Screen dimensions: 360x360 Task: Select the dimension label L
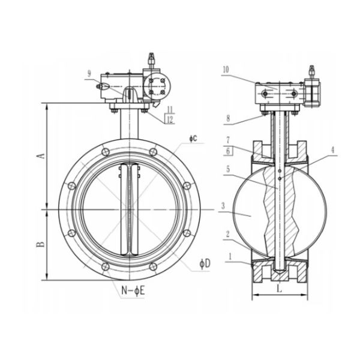coord(280,289)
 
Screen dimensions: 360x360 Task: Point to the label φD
coord(205,264)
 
